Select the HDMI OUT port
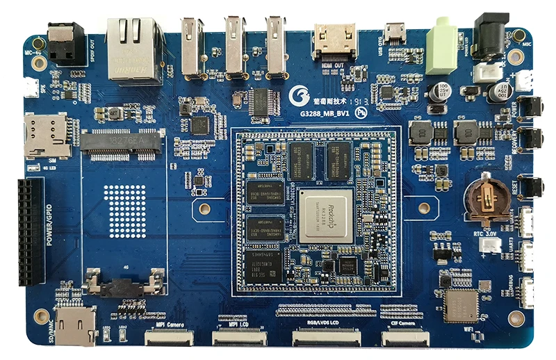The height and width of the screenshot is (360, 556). pos(336,41)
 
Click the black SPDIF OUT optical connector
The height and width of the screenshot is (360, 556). pos(66,42)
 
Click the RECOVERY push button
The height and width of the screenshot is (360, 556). pos(531,137)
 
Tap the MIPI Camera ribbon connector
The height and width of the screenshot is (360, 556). pos(169,338)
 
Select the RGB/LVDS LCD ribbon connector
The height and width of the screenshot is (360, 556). pos(326,338)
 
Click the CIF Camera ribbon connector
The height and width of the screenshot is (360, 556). pos(406,338)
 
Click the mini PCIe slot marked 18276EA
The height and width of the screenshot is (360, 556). pos(122,142)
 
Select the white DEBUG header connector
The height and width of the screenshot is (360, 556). pos(528,293)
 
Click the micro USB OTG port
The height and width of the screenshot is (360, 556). pos(395,33)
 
